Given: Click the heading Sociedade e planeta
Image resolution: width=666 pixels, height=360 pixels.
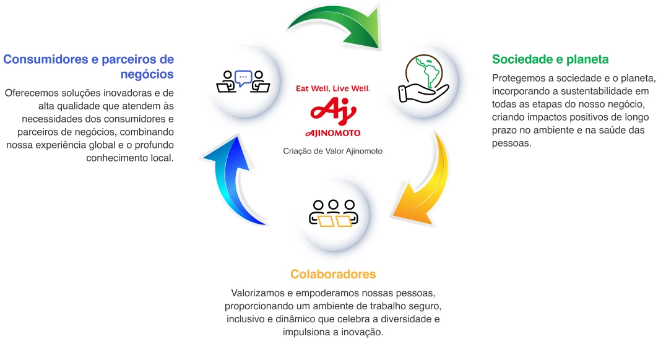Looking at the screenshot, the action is [x=550, y=59].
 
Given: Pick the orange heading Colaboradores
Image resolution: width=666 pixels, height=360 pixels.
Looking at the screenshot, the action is [x=333, y=274].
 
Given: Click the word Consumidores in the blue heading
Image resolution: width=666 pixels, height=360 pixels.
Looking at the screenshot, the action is [x=45, y=59].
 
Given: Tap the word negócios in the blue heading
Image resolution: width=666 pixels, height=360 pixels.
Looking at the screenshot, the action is [x=147, y=74].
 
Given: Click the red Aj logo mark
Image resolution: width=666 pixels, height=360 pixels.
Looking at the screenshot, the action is [x=333, y=111].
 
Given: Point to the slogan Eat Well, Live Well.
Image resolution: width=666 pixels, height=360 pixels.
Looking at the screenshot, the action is [x=333, y=88].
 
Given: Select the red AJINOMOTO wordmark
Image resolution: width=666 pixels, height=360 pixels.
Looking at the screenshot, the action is [x=333, y=133].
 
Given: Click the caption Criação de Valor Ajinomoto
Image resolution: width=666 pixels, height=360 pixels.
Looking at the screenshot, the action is [x=332, y=151].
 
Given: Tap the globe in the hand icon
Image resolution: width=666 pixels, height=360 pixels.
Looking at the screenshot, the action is [x=424, y=71].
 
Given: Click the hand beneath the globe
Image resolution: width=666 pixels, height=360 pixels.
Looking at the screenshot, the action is [x=423, y=93].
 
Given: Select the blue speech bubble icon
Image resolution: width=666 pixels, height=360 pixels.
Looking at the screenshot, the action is [x=243, y=78].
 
